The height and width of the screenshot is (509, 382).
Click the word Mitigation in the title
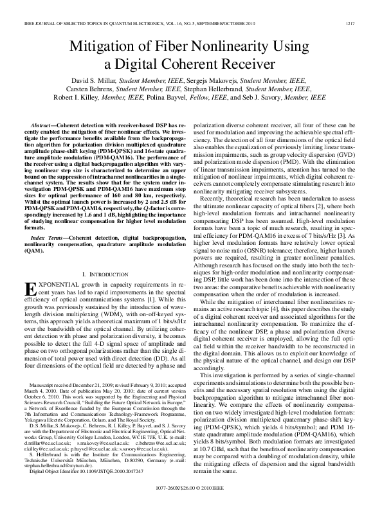(x=107, y=46)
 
